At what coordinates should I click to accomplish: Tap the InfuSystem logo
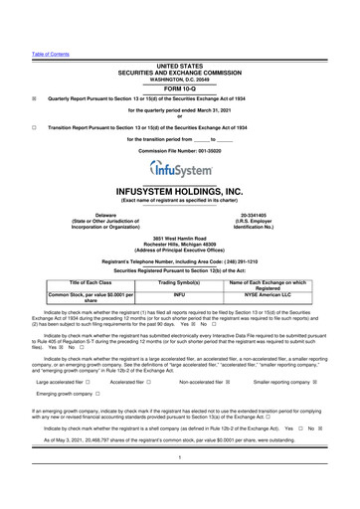coord(180,173)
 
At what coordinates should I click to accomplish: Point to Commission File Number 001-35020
coord(180,150)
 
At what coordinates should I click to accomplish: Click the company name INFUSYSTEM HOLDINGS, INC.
coord(180,190)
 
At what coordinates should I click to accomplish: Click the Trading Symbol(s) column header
coord(180,283)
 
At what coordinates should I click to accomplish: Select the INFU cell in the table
coord(180,295)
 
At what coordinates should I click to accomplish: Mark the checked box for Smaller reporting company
coord(315,381)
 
